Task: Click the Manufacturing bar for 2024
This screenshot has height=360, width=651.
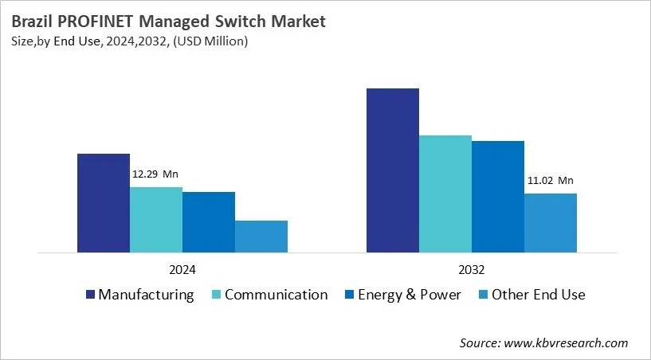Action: (103, 203)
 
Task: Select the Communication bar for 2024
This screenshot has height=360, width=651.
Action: (155, 220)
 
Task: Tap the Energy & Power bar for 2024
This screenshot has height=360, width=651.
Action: (208, 222)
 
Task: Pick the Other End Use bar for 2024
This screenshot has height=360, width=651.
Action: (261, 237)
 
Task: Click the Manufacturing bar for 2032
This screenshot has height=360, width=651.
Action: (392, 170)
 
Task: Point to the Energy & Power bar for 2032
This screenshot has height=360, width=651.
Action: (497, 197)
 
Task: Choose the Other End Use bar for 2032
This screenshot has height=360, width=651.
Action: (550, 223)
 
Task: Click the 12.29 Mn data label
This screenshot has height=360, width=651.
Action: (155, 174)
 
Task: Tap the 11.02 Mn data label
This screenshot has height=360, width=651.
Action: (550, 181)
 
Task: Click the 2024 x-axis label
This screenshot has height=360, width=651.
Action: (182, 269)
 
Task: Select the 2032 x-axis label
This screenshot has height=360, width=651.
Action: (471, 269)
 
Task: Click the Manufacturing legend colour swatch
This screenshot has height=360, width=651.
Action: (90, 295)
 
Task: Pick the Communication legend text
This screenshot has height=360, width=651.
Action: (276, 295)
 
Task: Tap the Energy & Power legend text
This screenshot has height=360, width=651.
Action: (409, 295)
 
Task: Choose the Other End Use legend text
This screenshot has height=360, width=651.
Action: (538, 295)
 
